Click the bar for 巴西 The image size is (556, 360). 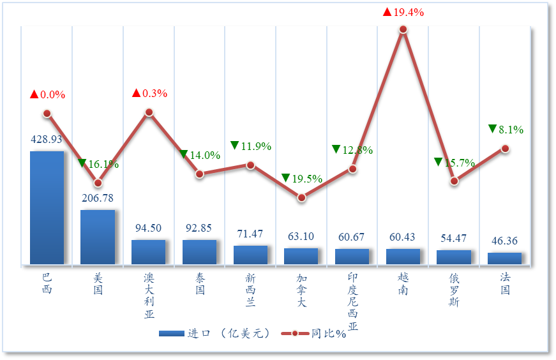[47, 207]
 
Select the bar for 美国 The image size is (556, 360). [98, 236]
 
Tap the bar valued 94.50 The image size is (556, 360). [148, 251]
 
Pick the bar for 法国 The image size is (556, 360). [505, 258]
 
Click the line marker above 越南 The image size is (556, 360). [403, 29]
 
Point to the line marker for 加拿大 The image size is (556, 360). [301, 198]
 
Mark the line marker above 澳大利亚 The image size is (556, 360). [149, 112]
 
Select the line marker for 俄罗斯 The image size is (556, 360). [454, 181]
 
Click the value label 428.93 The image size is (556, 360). [47, 139]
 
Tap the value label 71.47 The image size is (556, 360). [250, 234]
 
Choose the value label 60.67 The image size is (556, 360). [352, 237]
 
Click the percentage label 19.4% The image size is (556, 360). [409, 12]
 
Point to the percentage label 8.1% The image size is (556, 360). [511, 130]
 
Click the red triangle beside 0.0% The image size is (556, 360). [34, 94]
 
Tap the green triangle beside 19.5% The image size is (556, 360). [285, 178]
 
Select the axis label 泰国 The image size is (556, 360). [200, 284]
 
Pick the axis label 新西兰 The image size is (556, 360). [250, 290]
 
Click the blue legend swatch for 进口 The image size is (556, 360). [170, 333]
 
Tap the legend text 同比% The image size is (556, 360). [329, 334]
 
